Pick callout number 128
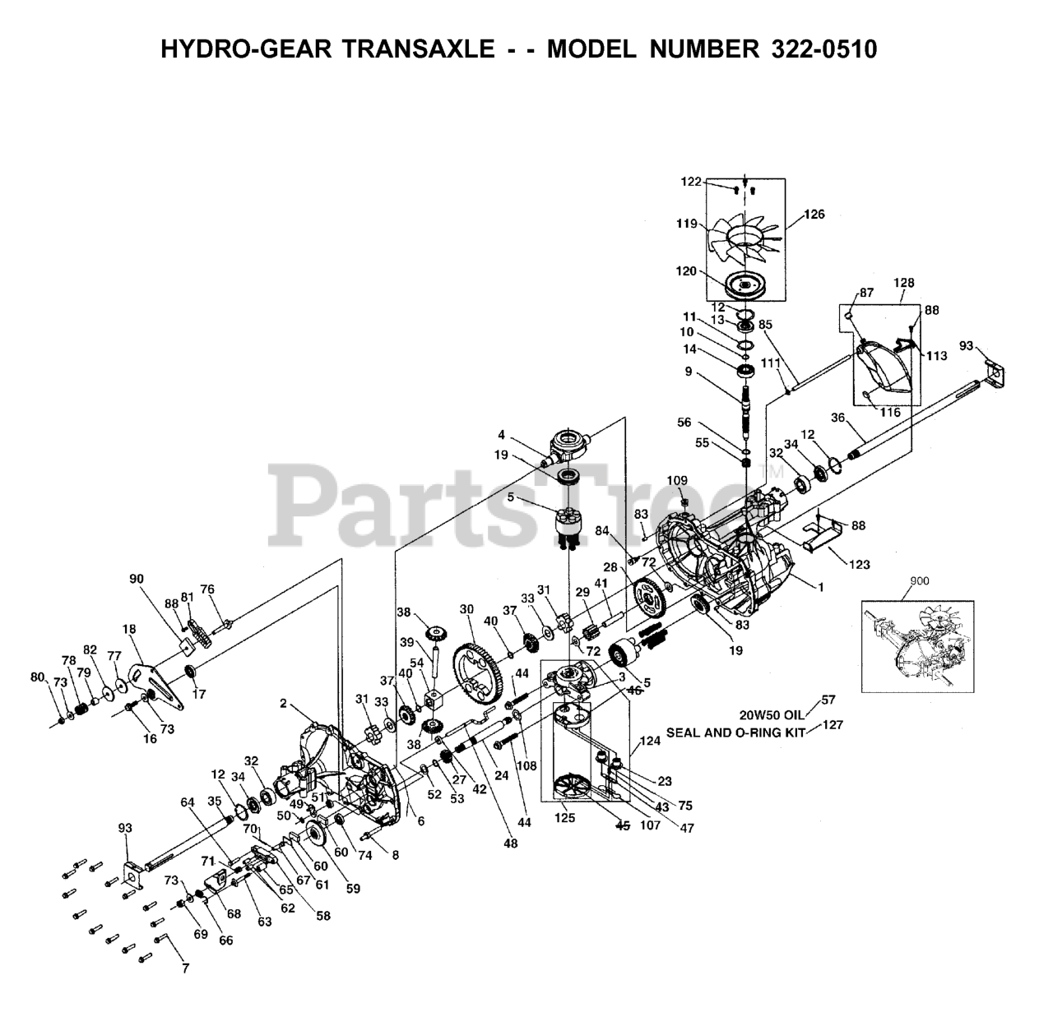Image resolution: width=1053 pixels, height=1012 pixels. (x=903, y=283)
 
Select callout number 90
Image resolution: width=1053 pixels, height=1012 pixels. (x=137, y=579)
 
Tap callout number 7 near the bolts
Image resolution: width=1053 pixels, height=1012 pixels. (x=186, y=968)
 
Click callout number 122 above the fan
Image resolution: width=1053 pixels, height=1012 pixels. (x=690, y=182)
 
